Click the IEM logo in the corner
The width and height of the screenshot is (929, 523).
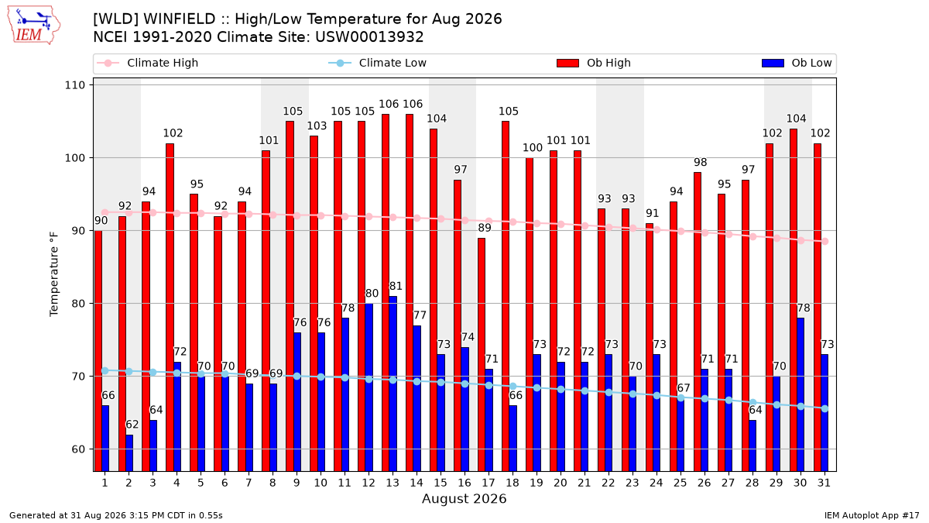coord(34,26)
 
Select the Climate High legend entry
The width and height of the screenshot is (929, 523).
coord(147,63)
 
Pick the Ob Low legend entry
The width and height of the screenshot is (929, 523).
coord(797,63)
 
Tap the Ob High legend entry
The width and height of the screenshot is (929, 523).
coord(594,63)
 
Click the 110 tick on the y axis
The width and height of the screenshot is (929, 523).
coord(74,85)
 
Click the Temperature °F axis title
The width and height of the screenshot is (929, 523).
coord(54,275)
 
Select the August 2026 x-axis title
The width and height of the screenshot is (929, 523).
coord(464,498)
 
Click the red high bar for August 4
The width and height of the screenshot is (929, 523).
coord(170,307)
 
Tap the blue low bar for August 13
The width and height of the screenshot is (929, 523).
coord(393,384)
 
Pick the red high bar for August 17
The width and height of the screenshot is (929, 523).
coord(481,355)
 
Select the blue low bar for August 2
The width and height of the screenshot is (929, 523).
coord(129,452)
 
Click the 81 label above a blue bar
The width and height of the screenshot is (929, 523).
coord(396,287)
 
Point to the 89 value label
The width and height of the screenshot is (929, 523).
coord(485,228)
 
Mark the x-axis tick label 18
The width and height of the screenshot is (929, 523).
coord(512,483)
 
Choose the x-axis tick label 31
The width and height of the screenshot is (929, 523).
coord(824,483)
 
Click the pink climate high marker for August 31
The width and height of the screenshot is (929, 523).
coord(825,242)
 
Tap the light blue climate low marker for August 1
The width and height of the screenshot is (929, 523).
coord(105,370)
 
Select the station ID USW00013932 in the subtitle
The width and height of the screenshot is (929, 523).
coord(369,37)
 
